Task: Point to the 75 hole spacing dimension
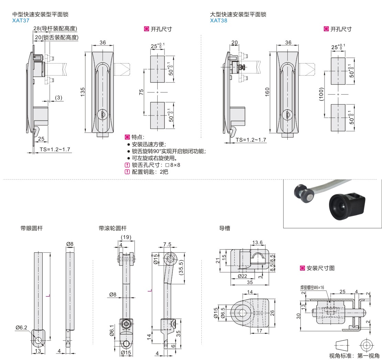141,93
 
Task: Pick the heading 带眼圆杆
32,228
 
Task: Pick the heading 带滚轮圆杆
113,228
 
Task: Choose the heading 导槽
224,228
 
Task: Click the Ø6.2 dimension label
21,328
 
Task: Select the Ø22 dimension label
243,276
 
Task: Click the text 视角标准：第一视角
354,356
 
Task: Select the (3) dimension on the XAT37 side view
59,98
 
